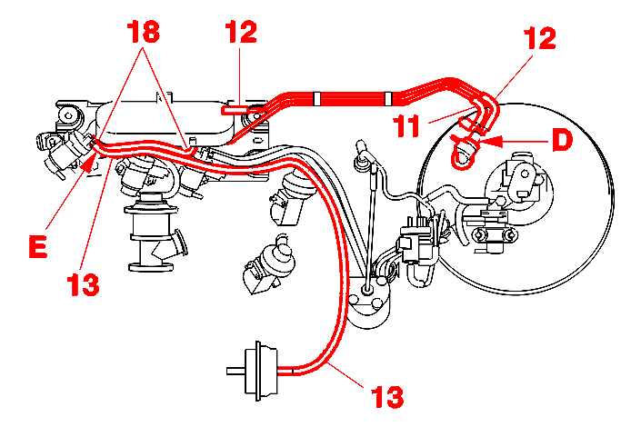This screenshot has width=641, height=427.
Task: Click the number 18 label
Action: (x=143, y=32)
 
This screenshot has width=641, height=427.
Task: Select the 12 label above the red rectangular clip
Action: (x=241, y=32)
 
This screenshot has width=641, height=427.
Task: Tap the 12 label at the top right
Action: (x=539, y=38)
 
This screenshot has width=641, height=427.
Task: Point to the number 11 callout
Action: (x=406, y=125)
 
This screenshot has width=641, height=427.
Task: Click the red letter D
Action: (x=562, y=140)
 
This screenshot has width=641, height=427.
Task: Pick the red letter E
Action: (x=38, y=246)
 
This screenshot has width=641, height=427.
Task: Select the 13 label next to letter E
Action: (x=83, y=284)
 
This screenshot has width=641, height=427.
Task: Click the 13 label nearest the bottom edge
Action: (x=386, y=396)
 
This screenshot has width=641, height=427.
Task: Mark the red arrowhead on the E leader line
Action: (x=86, y=163)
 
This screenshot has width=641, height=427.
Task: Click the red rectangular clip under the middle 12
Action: (x=235, y=110)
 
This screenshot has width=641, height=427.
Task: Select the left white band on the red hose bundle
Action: (x=316, y=98)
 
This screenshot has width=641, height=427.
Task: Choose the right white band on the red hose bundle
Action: (x=388, y=98)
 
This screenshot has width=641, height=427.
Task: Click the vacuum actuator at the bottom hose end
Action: (x=261, y=371)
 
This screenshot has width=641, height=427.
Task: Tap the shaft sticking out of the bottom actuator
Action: (x=235, y=371)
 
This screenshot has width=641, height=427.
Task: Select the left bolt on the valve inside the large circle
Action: (x=480, y=235)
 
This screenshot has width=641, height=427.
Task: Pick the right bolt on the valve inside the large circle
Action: (x=508, y=235)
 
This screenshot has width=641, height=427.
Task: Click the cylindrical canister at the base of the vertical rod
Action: (x=368, y=303)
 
